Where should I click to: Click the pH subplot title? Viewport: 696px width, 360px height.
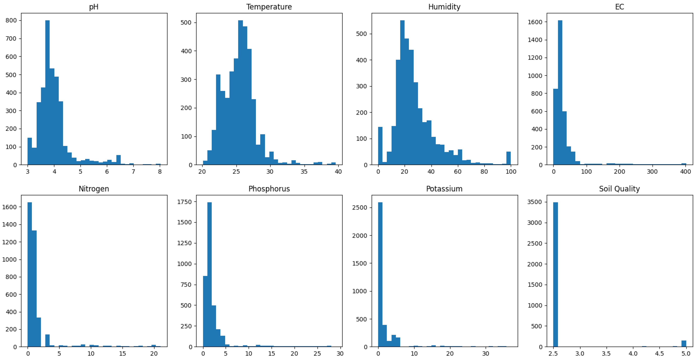[94, 7]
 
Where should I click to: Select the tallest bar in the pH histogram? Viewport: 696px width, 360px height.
[47, 92]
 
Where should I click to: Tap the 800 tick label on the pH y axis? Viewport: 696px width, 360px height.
[11, 21]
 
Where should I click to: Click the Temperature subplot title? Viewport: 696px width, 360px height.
[269, 7]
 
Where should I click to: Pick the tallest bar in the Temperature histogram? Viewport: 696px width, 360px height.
[240, 92]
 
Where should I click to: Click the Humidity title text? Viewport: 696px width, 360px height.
[444, 7]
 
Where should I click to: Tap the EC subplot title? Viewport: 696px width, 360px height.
[619, 7]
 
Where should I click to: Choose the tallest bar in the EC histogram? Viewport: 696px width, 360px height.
[560, 92]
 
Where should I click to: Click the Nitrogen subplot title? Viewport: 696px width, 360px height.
[94, 189]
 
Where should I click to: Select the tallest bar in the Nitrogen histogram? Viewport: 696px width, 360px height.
[30, 274]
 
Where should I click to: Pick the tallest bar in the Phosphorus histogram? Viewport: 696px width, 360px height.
[209, 274]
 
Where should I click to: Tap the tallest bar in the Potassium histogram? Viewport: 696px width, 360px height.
[380, 274]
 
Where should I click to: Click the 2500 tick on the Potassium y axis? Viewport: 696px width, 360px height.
[360, 208]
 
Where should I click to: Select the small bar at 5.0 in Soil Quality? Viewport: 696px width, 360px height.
[684, 344]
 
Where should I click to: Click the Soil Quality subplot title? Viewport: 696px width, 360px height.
[619, 189]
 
